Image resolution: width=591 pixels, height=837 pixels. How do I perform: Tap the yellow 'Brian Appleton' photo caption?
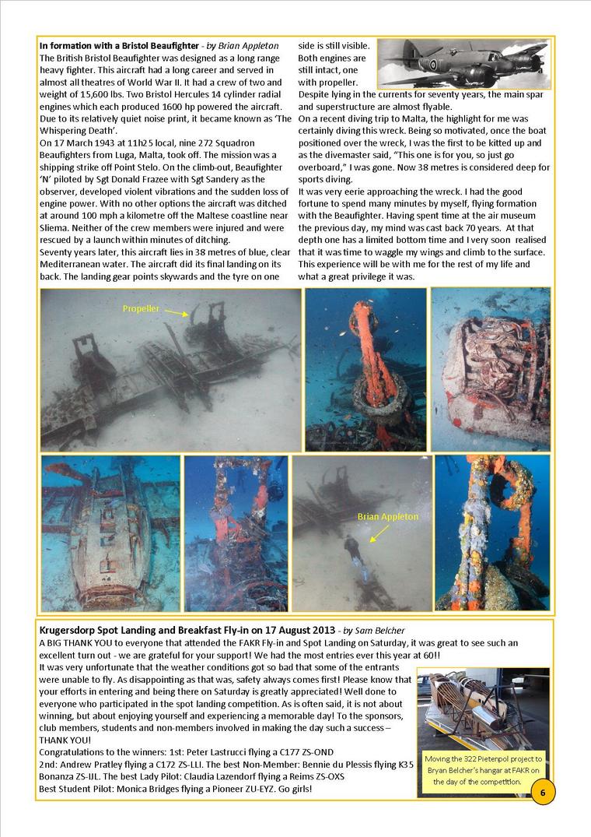pyautogui.click(x=386, y=516)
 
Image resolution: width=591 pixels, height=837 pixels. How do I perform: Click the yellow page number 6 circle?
pyautogui.click(x=543, y=792)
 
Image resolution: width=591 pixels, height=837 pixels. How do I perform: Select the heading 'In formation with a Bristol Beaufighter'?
pyautogui.click(x=115, y=46)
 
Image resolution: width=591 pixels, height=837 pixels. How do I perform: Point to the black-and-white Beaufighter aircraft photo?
pyautogui.click(x=463, y=64)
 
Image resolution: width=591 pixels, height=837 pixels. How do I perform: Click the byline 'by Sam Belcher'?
pyautogui.click(x=372, y=629)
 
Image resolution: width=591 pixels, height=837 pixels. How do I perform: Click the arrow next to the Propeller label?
pyautogui.click(x=176, y=315)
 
